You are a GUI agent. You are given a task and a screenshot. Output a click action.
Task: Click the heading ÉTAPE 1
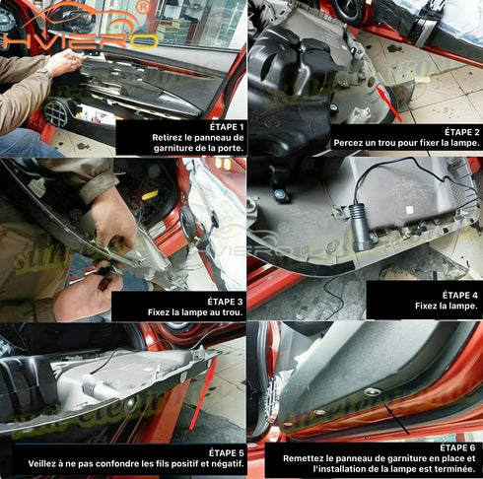tap(227, 126)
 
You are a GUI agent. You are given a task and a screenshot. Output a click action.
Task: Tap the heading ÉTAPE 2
tap(462, 132)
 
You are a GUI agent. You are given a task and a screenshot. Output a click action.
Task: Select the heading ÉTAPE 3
tap(225, 302)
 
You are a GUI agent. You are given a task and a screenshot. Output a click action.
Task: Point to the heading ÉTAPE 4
tap(459, 295)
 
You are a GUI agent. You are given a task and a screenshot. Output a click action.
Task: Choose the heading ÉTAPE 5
tap(227, 452)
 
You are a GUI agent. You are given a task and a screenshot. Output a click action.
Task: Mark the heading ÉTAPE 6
tap(457, 447)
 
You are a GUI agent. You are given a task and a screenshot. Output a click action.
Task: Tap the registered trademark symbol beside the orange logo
tap(144, 7)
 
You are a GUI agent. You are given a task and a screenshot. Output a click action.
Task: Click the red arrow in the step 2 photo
tap(388, 103)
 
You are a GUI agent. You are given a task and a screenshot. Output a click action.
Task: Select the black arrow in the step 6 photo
tap(397, 419)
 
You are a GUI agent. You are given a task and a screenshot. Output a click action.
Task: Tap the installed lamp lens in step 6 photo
tap(373, 391)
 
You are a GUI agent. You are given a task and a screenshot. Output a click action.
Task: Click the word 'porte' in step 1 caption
tap(232, 148)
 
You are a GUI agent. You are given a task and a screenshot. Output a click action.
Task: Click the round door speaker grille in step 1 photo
tap(56, 113)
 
